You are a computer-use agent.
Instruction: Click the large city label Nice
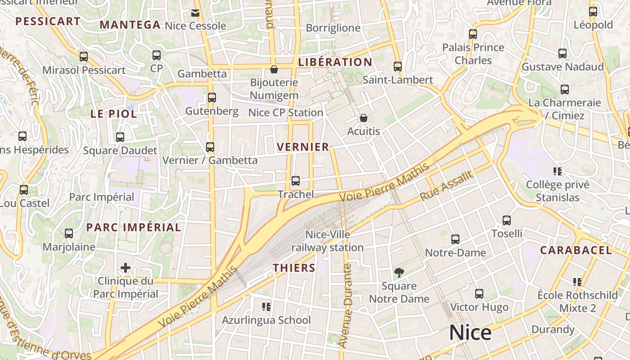[470, 333]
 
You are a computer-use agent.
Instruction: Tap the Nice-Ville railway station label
[328, 241]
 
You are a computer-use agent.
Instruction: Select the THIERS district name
[294, 268]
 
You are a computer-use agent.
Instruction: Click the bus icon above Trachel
[296, 181]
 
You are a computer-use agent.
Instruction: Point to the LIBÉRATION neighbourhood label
[335, 62]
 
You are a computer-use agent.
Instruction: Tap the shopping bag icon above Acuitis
[364, 118]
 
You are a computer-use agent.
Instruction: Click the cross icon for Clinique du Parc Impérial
[126, 268]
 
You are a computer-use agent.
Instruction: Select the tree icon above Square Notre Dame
[399, 272]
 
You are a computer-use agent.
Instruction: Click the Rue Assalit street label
[446, 186]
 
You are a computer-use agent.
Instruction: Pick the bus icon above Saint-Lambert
[398, 67]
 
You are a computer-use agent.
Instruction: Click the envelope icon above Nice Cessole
[195, 13]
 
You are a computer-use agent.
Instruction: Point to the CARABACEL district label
[576, 251]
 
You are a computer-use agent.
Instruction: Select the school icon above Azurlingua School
[266, 307]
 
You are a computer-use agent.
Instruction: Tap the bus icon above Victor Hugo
[479, 294]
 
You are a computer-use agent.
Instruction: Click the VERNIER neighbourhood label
[303, 147]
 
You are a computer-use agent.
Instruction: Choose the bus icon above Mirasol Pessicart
[84, 57]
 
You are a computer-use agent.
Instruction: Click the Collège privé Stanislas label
[558, 191]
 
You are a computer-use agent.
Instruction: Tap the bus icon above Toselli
[507, 220]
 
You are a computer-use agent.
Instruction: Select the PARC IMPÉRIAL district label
[134, 227]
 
